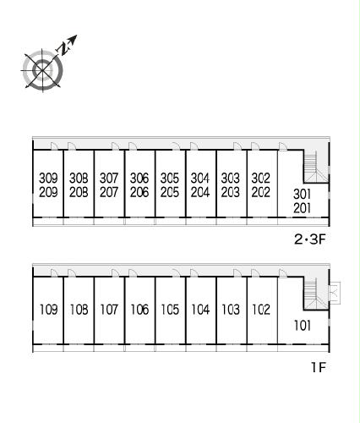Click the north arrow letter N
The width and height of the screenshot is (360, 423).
64,48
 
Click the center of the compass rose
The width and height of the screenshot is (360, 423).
42,70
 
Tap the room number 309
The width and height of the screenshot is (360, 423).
48,178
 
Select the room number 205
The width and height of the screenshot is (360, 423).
170,192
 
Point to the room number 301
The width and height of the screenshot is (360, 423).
302,194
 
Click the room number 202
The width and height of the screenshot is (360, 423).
261,192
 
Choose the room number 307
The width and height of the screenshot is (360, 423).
109,178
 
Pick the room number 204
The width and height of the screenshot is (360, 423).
200,192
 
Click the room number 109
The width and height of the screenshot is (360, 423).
49,310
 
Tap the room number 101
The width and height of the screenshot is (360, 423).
303,326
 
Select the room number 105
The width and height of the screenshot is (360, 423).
170,310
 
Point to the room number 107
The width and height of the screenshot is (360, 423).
109,310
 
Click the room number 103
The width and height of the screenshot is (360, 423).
231,310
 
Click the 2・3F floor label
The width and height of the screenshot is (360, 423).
310,239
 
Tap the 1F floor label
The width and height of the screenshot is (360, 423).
319,367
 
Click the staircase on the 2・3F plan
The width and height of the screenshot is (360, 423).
315,167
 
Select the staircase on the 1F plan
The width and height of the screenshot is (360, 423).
315,294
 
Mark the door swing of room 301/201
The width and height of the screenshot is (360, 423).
283,146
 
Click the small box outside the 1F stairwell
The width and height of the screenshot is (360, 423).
335,293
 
